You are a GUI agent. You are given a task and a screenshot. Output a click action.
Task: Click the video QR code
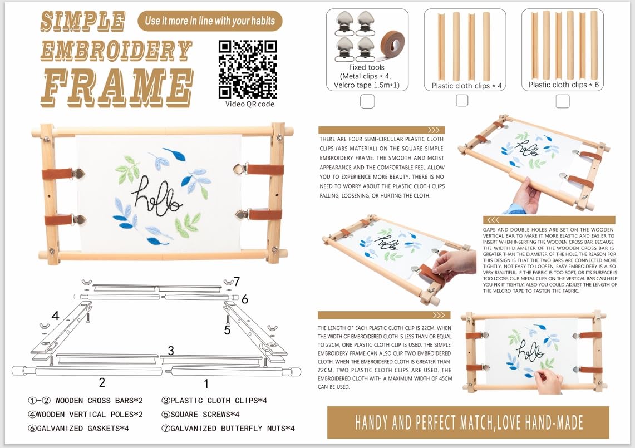coord(248,69)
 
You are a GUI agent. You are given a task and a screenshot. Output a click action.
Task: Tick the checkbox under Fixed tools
coord(367,101)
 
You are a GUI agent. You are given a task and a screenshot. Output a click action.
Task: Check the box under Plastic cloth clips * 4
coord(462,101)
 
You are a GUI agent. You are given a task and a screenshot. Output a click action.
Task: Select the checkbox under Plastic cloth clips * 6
coord(563,101)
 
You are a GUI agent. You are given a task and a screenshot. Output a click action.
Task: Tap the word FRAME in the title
coord(117,87)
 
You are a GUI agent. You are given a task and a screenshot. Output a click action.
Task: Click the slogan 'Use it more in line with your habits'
coord(210,21)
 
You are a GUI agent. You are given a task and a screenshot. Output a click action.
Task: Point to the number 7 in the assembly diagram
coord(237,281)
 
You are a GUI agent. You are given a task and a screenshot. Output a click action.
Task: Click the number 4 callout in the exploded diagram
coord(56,316)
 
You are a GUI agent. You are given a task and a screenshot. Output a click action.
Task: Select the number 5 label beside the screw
coord(227,331)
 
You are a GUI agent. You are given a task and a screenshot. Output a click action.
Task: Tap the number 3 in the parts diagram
coord(171,351)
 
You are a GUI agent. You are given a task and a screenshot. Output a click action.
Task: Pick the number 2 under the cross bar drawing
coord(102,382)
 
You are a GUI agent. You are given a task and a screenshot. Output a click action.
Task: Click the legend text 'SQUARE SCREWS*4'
coord(200,415)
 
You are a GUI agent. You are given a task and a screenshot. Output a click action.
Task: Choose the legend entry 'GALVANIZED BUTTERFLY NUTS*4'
coord(228,428)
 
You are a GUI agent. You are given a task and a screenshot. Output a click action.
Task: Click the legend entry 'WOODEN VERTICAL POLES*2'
coord(85,415)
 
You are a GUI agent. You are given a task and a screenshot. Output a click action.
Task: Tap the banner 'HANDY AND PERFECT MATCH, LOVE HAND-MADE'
coord(468,422)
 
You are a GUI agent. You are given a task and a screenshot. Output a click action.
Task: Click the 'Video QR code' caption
coord(250,104)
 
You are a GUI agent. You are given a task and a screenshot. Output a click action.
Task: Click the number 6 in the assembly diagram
coord(245,299)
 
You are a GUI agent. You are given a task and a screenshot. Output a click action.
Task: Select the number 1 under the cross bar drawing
coord(206,383)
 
